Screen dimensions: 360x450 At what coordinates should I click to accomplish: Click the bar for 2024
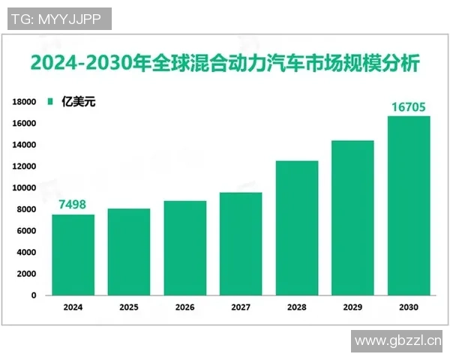pos(73,255)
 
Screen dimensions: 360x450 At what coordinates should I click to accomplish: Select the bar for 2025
pos(129,252)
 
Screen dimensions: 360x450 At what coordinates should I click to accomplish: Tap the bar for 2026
pos(185,248)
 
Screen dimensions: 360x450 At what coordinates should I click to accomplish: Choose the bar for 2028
pos(297,228)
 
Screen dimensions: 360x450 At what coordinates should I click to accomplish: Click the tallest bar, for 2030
pos(409,205)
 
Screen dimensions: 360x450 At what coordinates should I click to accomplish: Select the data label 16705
pos(409,106)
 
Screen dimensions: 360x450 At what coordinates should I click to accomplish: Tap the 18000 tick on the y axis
pos(25,102)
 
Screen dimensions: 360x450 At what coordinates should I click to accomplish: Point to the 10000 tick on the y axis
pos(25,188)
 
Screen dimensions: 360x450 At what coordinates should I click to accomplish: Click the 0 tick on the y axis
pos(34,295)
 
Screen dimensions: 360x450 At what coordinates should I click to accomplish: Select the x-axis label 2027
pos(241,307)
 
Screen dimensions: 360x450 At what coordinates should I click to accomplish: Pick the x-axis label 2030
pos(409,307)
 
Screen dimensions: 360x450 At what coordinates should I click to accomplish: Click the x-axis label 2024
pos(73,307)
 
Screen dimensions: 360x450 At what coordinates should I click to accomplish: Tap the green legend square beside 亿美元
pos(50,100)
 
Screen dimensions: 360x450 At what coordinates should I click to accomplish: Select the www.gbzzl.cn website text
pos(397,341)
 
